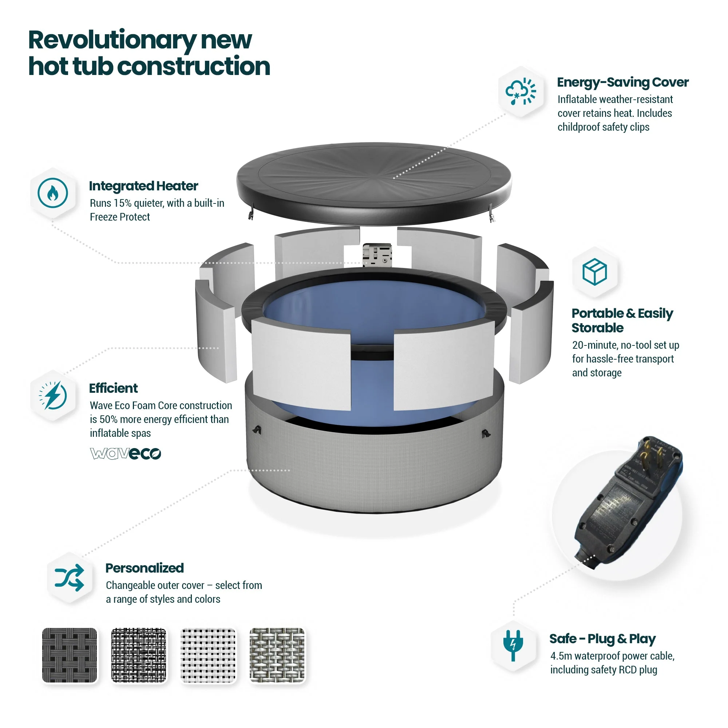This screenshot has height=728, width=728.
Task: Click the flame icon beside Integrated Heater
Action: pyautogui.click(x=53, y=193)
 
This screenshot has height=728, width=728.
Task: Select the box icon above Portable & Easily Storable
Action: pyautogui.click(x=594, y=271)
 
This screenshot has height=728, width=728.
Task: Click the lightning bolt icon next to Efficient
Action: pyautogui.click(x=53, y=395)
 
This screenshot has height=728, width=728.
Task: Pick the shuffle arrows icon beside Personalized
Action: pyautogui.click(x=69, y=577)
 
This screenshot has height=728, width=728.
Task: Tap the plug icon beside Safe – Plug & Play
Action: pyautogui.click(x=513, y=645)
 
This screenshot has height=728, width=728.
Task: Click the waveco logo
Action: pyautogui.click(x=126, y=453)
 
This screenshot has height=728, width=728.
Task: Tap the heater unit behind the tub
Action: pyautogui.click(x=377, y=254)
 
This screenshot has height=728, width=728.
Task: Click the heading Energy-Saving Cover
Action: pyautogui.click(x=622, y=82)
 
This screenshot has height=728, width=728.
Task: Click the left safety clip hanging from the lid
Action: pyautogui.click(x=250, y=214)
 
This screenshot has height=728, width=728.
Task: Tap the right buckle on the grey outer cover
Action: pyautogui.click(x=486, y=434)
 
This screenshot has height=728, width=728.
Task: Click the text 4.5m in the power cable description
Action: pyautogui.click(x=561, y=656)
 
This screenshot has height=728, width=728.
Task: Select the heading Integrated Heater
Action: pyautogui.click(x=143, y=186)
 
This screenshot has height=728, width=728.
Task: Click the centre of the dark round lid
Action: pyautogui.click(x=374, y=178)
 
